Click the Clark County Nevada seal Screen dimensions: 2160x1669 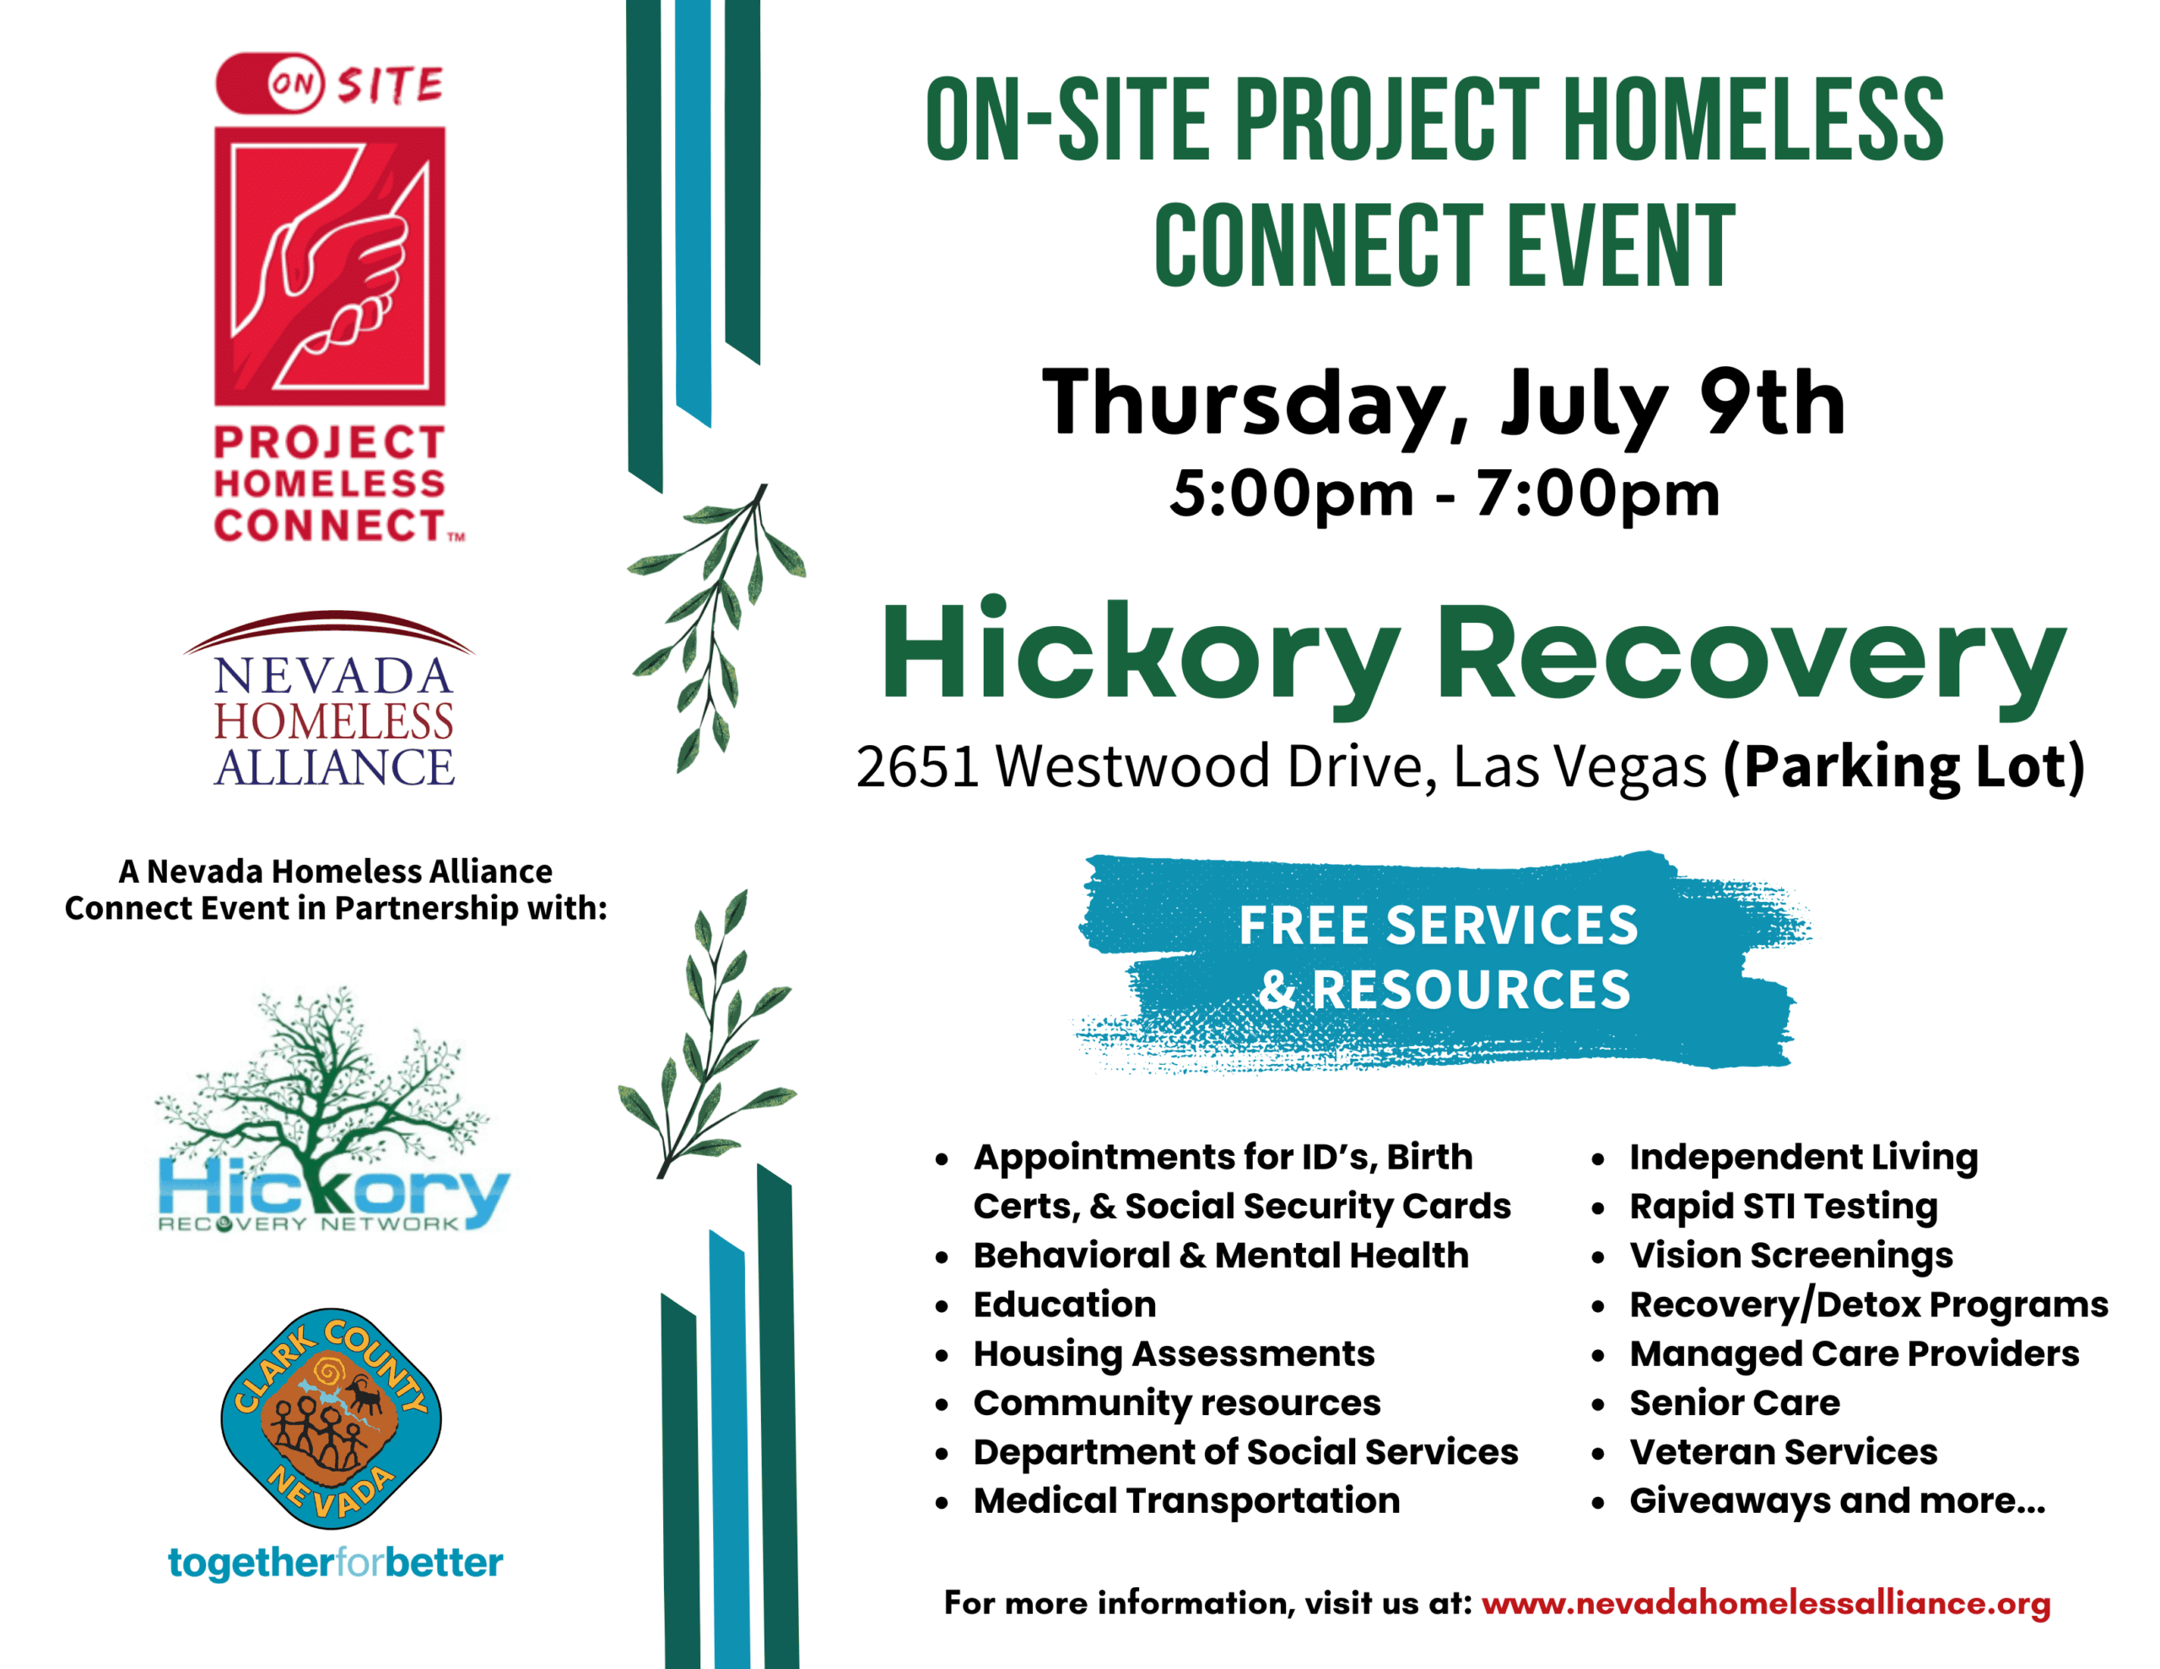click(x=332, y=1418)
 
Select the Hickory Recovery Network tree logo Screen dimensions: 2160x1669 click(x=332, y=1109)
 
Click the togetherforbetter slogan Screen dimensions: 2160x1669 click(x=335, y=1564)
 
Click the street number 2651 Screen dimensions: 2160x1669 click(x=918, y=767)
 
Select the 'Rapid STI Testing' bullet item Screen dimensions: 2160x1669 click(x=1783, y=1206)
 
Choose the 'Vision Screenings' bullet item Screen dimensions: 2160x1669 click(x=1791, y=1256)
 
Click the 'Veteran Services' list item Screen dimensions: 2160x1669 click(x=1783, y=1451)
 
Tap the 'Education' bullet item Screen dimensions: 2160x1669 click(x=1065, y=1304)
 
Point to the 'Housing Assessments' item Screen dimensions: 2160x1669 click(x=1174, y=1353)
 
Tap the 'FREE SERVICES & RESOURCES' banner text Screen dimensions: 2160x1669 click(x=1439, y=957)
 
